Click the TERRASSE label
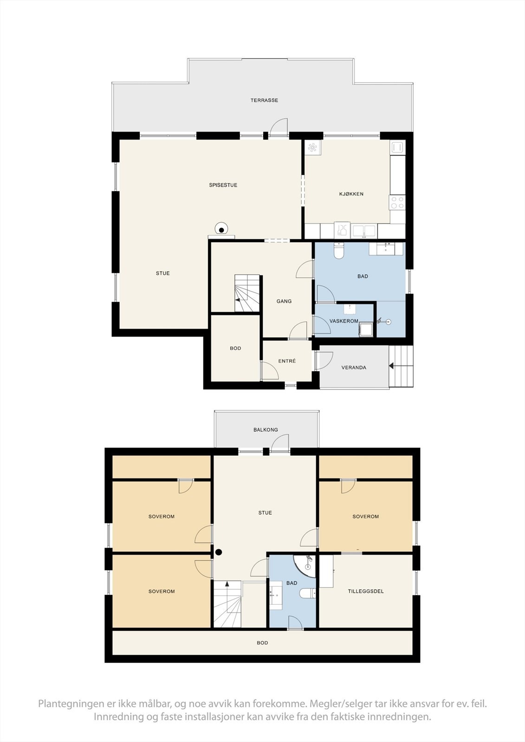[x=264, y=100]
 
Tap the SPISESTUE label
[x=223, y=185]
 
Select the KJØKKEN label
[x=351, y=194]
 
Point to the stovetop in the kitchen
[x=397, y=202]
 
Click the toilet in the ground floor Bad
[x=339, y=250]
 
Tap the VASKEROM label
[x=344, y=321]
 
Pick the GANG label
[x=284, y=301]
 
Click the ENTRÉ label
[x=287, y=361]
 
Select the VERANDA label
[x=354, y=367]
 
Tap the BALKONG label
[x=266, y=429]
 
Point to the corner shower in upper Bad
[x=305, y=565]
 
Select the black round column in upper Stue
[x=218, y=552]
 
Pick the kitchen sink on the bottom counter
[x=364, y=230]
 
